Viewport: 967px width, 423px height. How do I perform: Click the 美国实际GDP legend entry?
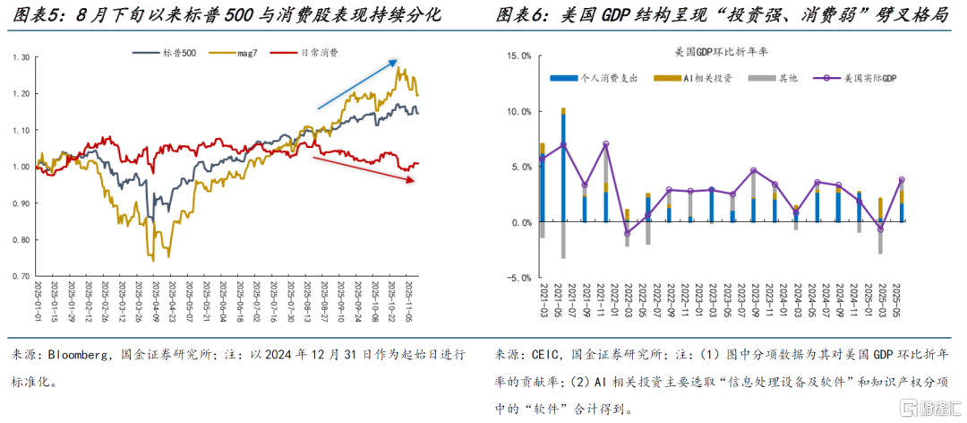click(860, 79)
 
